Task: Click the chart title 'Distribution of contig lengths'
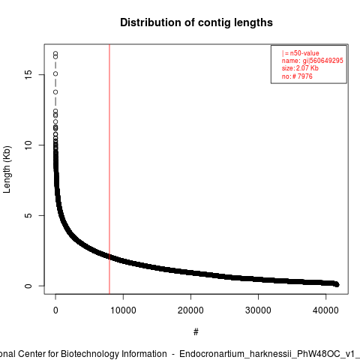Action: (x=196, y=22)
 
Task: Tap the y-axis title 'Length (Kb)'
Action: (x=7, y=169)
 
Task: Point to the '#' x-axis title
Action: (x=196, y=332)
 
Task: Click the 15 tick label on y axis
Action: (x=28, y=75)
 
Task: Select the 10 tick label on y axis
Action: (x=28, y=145)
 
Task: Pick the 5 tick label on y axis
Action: (x=28, y=215)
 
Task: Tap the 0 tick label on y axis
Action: (x=28, y=286)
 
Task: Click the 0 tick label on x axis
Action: (x=55, y=310)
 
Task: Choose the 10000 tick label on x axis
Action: (x=123, y=310)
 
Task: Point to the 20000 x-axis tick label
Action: (x=190, y=310)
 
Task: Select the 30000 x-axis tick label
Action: (x=258, y=310)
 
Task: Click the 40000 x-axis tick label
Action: (x=325, y=310)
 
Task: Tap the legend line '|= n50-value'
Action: (x=301, y=53)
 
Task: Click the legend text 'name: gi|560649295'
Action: (x=313, y=61)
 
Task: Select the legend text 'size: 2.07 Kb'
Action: (x=300, y=68)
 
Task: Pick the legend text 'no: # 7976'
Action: (x=297, y=76)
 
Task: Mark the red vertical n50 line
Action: (x=109, y=169)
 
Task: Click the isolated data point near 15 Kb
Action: (x=55, y=73)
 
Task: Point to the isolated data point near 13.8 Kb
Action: (x=55, y=92)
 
